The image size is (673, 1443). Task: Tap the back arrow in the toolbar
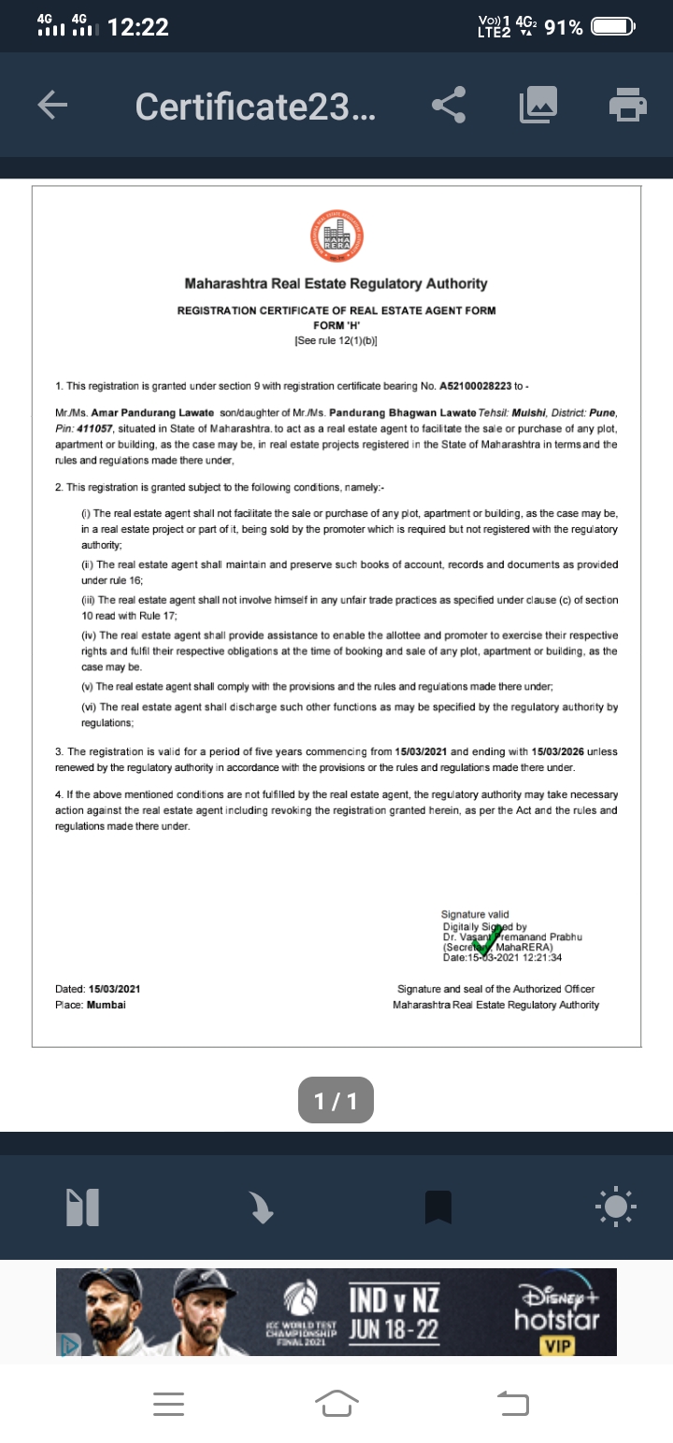(52, 106)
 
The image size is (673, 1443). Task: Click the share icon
(450, 106)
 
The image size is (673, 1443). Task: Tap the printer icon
(628, 105)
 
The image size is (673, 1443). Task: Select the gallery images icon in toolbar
(538, 106)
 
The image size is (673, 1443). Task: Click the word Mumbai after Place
(107, 1005)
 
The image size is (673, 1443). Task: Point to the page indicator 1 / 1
(336, 1101)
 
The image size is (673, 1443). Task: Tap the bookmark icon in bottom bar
(438, 1207)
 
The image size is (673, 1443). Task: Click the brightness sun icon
(616, 1207)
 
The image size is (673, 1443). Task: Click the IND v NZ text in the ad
(394, 1300)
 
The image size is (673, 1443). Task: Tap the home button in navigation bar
(337, 1402)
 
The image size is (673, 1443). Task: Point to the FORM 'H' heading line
(336, 325)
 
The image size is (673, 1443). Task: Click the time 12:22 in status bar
(138, 27)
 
